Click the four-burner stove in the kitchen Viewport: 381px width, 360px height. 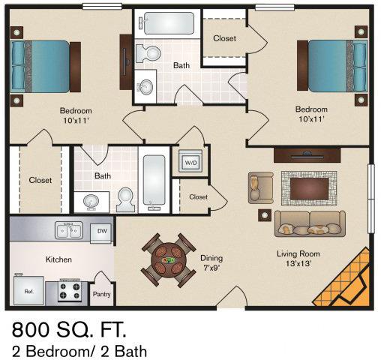(70, 289)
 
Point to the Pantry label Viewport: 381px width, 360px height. (101, 295)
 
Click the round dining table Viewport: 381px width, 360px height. (167, 260)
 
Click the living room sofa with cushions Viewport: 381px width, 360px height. (309, 223)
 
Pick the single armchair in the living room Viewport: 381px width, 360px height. (261, 187)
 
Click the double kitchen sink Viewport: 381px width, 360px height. (69, 230)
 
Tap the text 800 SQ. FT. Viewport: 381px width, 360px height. (68, 329)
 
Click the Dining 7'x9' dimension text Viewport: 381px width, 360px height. (211, 263)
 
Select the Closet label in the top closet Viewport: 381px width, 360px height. (225, 38)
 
